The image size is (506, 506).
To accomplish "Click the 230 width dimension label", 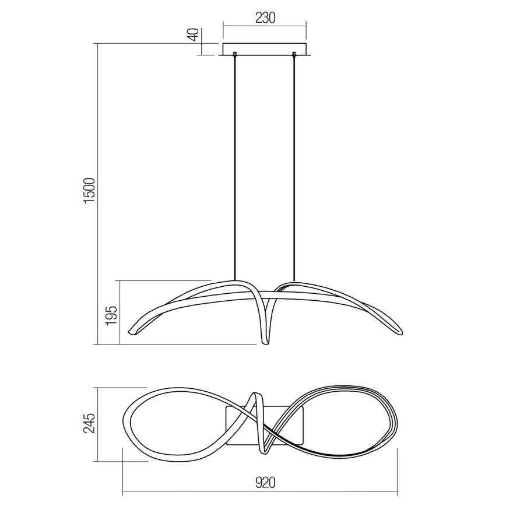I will pyautogui.click(x=265, y=17).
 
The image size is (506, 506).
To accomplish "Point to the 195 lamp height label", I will pyautogui.click(x=113, y=313).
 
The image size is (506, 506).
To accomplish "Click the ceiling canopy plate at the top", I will pyautogui.click(x=265, y=49).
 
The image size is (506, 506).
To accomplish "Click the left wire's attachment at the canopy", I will pyautogui.click(x=234, y=56).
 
